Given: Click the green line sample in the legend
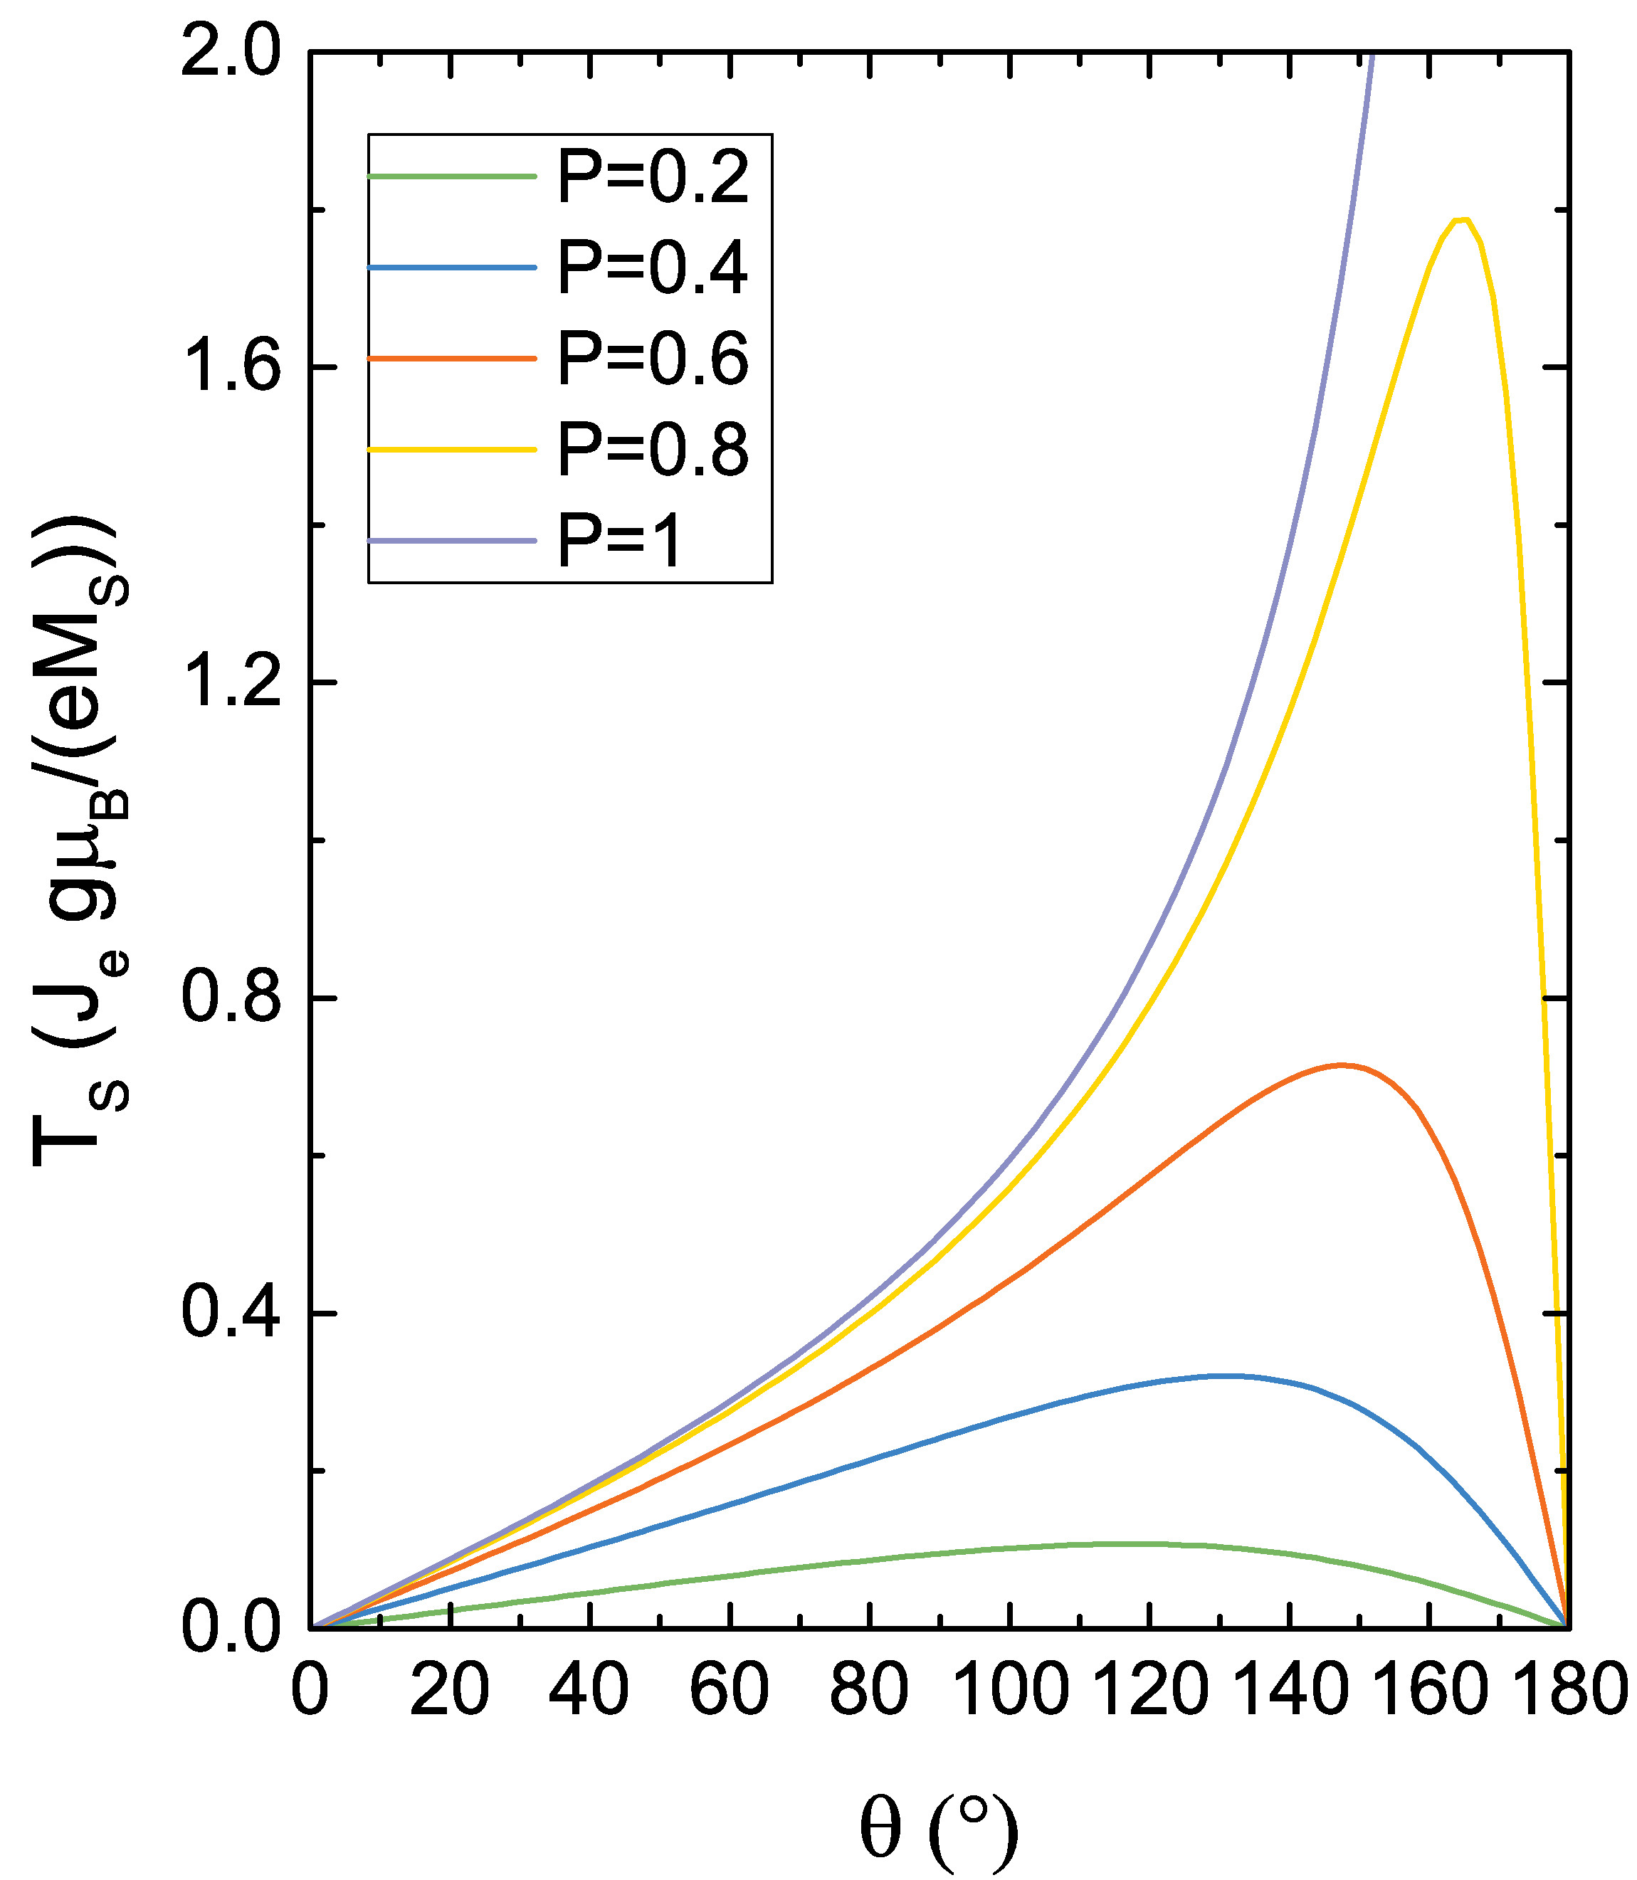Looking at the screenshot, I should tap(451, 176).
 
